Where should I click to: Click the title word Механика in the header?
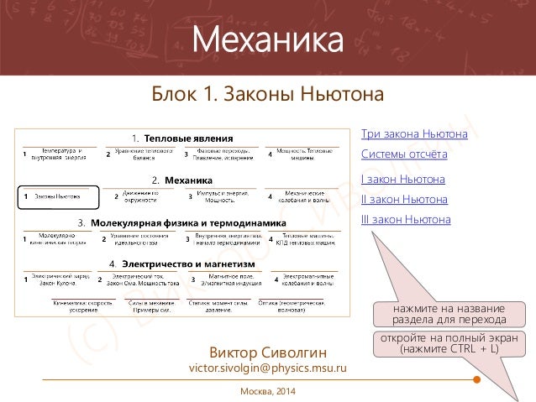click(x=268, y=39)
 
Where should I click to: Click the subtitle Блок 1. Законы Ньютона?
click(x=267, y=94)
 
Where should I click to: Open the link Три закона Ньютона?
click(x=413, y=134)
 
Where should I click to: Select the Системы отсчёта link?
click(x=403, y=154)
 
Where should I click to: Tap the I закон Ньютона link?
click(x=402, y=179)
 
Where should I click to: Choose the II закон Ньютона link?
click(x=403, y=200)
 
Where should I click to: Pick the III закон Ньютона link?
click(x=405, y=220)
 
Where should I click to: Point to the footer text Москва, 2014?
click(x=268, y=392)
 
